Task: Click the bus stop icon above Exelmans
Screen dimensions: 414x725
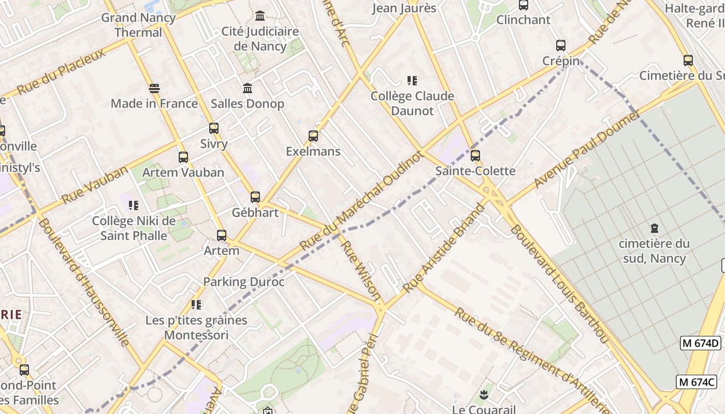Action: (313, 136)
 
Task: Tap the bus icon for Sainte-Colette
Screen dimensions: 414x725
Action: (475, 155)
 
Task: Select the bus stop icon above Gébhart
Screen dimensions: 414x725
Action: (255, 197)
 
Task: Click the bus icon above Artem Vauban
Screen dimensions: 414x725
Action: (183, 157)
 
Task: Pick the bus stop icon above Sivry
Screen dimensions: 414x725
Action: (213, 128)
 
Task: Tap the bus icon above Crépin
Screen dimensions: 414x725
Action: (560, 46)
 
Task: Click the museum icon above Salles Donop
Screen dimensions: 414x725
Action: (248, 88)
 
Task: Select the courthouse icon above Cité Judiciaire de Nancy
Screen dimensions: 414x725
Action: (260, 16)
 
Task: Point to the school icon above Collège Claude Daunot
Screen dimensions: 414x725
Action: (412, 81)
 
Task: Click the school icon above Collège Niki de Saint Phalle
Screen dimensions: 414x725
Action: (134, 205)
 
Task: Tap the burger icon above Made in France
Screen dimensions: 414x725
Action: (154, 88)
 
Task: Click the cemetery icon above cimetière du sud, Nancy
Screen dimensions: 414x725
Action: (655, 228)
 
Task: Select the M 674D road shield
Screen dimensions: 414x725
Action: (700, 343)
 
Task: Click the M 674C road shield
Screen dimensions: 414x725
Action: (697, 382)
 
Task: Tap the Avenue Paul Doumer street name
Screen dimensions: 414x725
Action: (587, 150)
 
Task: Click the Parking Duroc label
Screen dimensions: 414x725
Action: (243, 282)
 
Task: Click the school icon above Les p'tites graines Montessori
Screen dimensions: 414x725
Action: (196, 305)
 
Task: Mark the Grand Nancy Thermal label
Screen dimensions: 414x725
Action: (138, 25)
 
